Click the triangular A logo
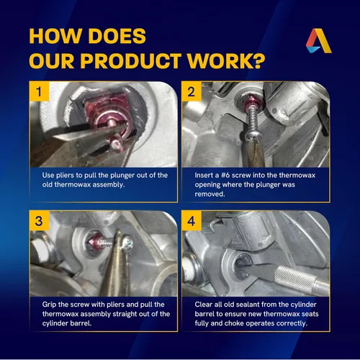click(319, 41)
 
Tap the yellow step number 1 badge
click(39, 91)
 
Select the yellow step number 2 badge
click(192, 91)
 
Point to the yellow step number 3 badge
click(39, 220)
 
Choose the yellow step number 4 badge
click(192, 220)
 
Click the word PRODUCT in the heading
click(130, 60)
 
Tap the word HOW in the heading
click(55, 36)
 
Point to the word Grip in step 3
click(49, 305)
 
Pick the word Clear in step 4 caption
click(204, 305)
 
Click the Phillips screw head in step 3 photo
click(127, 243)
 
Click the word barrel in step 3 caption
click(81, 323)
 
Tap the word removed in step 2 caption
click(210, 194)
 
